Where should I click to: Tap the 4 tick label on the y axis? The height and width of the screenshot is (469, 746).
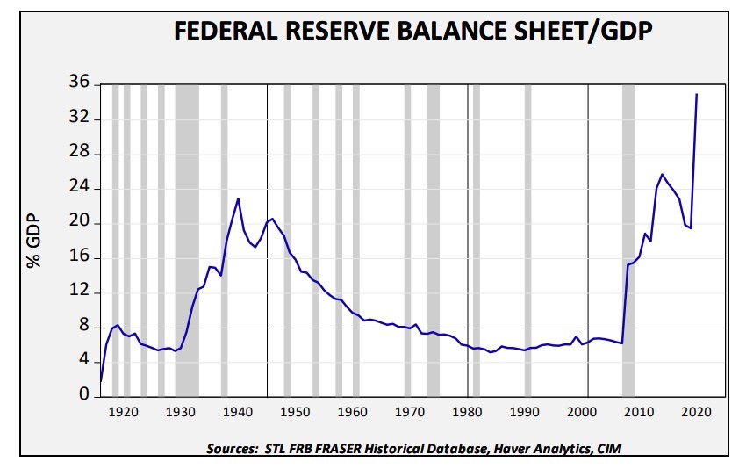(84, 361)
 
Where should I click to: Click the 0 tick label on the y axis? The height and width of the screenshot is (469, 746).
(84, 395)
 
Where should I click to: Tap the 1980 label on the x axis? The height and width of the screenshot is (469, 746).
(467, 412)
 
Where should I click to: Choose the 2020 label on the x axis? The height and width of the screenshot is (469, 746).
(697, 412)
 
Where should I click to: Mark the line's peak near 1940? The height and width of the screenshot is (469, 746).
(238, 198)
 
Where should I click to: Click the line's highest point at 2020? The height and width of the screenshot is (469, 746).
(697, 94)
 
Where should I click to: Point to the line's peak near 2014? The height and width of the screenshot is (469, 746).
(662, 174)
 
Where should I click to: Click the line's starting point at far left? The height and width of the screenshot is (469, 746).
(101, 381)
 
